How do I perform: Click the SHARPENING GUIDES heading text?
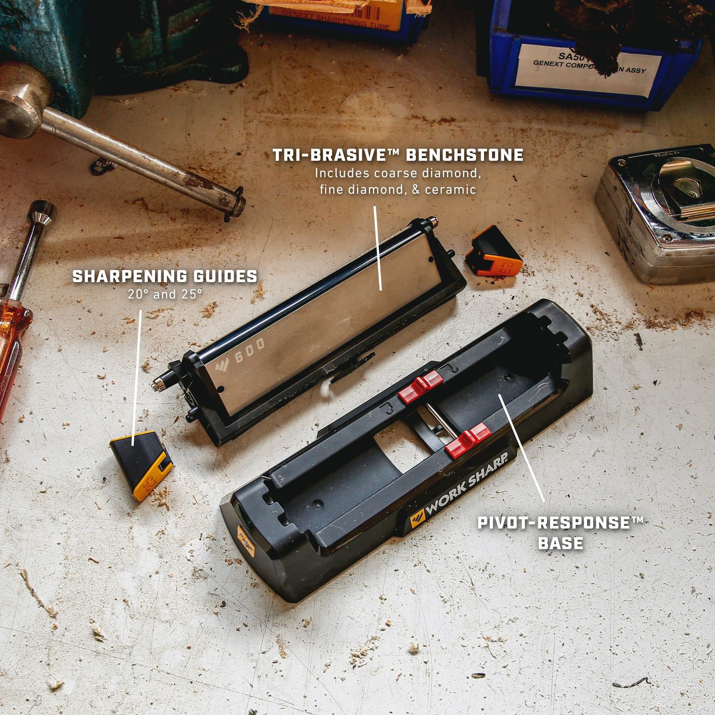pyautogui.click(x=165, y=276)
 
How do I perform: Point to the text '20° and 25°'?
pyautogui.click(x=165, y=295)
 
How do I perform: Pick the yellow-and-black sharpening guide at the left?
pyautogui.click(x=141, y=463)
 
